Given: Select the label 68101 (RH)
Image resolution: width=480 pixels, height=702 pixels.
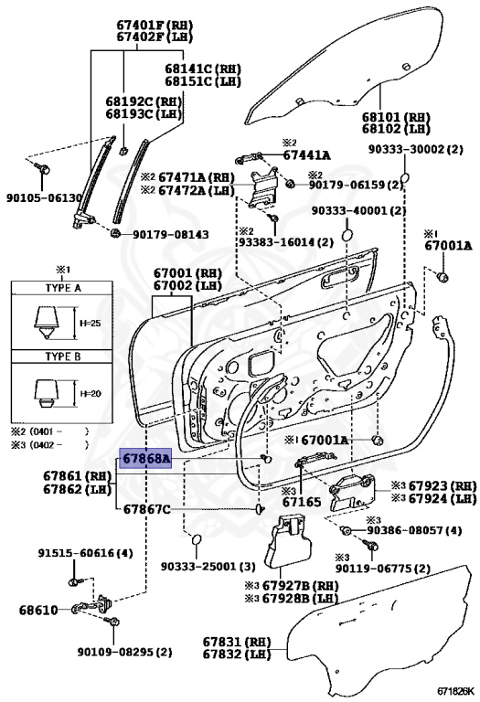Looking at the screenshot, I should click(x=395, y=118).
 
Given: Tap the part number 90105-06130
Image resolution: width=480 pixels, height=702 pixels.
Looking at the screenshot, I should click(x=45, y=197).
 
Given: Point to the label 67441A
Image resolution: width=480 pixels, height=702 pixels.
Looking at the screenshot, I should click(x=306, y=155).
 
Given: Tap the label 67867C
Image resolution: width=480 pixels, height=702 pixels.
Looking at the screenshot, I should click(x=146, y=509).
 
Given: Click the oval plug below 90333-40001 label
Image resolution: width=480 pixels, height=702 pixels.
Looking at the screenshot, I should click(x=347, y=238).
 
